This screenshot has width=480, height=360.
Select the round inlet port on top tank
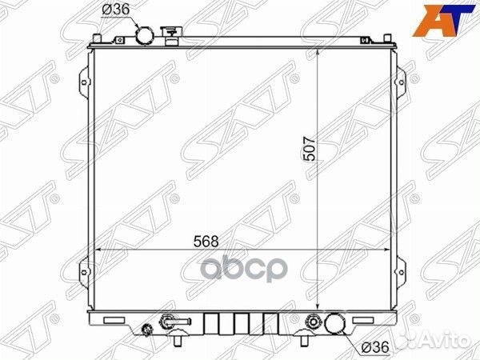[145, 36]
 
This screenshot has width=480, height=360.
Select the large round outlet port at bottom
[336, 324]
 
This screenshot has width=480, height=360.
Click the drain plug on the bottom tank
[146, 331]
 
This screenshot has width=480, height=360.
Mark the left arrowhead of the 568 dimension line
[97, 249]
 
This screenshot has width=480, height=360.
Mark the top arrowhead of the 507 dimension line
[318, 50]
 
